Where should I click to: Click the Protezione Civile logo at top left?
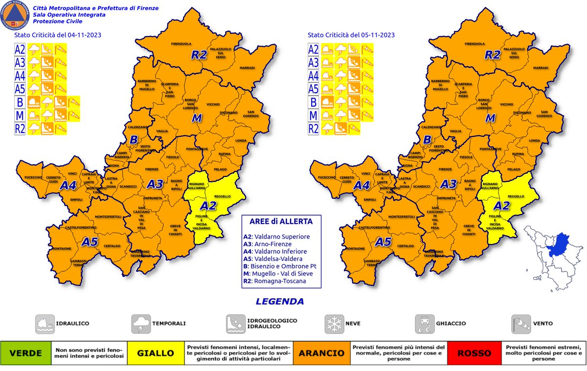16,16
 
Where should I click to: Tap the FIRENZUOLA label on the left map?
181,44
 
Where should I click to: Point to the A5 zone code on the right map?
384,241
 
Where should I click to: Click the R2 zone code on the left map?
199,55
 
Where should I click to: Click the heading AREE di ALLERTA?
280,221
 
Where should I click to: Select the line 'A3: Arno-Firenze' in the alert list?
269,244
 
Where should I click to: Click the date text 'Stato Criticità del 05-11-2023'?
351,35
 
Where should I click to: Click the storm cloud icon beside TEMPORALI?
141,324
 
